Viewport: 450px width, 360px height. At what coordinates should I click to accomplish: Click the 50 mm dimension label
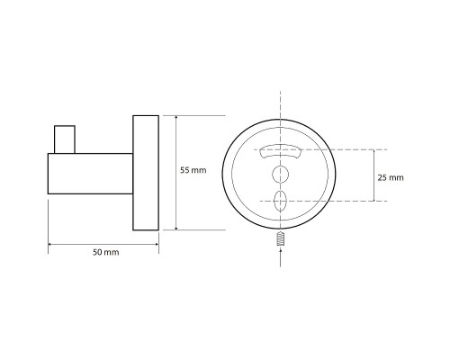click(x=105, y=252)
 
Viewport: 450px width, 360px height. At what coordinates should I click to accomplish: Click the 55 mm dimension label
click(x=193, y=170)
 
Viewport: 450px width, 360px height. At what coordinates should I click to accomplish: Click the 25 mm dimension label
click(x=391, y=177)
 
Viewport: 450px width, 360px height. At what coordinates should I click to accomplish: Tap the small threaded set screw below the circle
click(x=280, y=238)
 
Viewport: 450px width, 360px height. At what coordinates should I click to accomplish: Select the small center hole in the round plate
click(x=280, y=175)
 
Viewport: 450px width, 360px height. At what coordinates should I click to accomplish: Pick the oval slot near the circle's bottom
click(x=280, y=201)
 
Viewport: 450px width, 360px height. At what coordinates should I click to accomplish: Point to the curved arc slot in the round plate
click(x=280, y=151)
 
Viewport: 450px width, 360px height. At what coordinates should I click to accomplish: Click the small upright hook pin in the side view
click(x=65, y=139)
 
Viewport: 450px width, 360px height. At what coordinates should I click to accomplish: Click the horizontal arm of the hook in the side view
click(x=90, y=174)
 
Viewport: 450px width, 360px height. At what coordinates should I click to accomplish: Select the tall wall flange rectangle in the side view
click(x=146, y=173)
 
